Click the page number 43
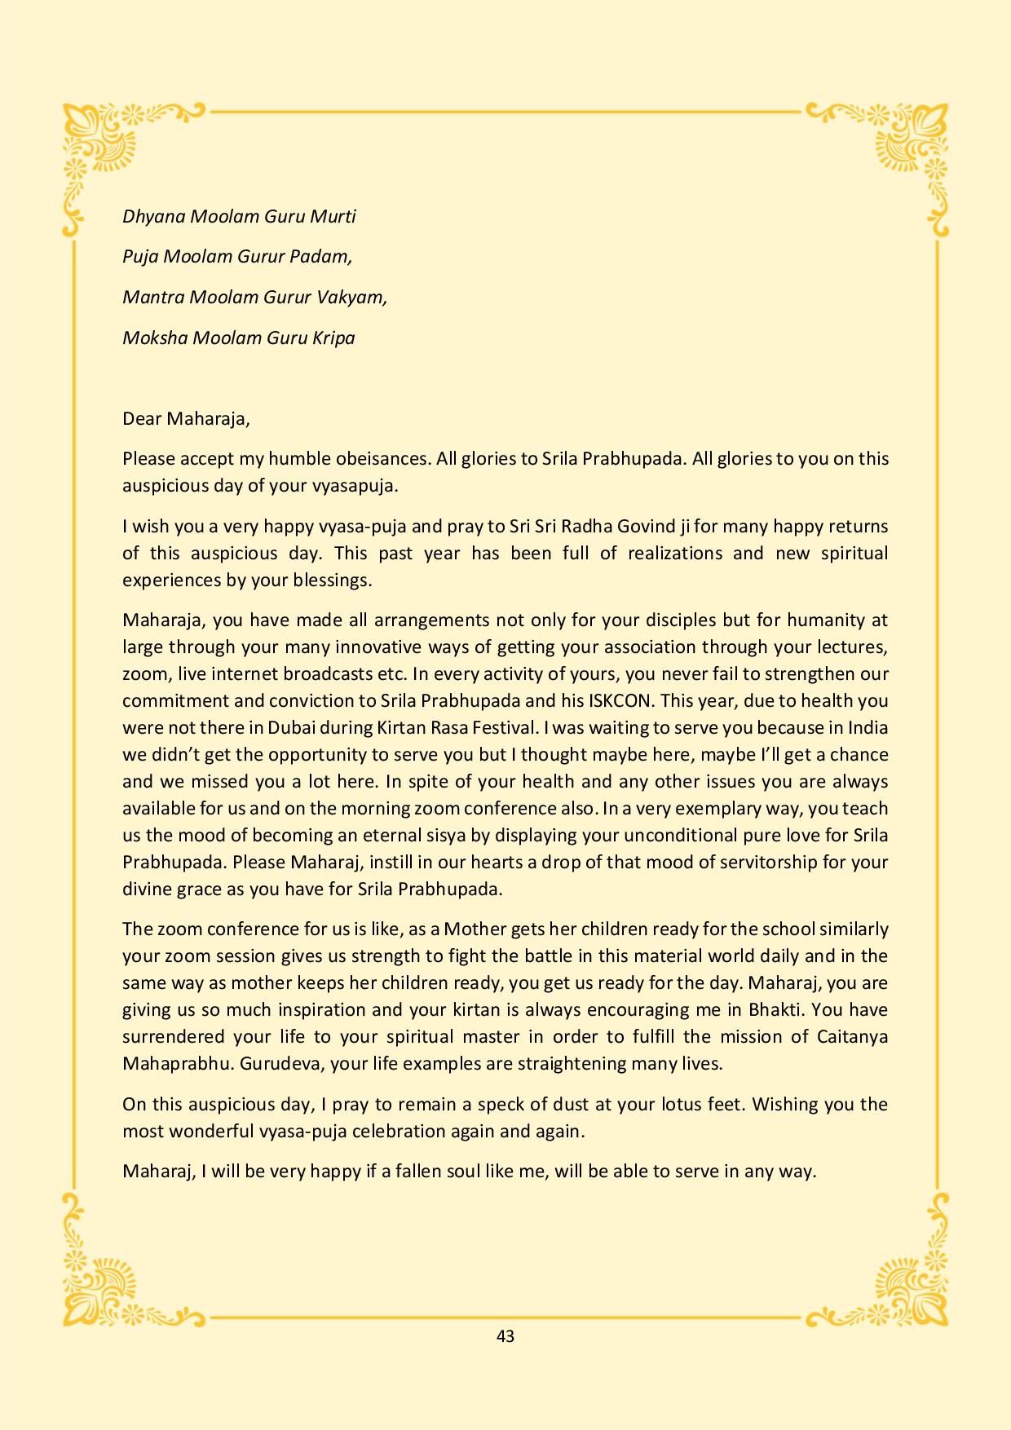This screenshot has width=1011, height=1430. coord(505,1335)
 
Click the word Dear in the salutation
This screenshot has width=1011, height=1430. coord(142,419)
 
